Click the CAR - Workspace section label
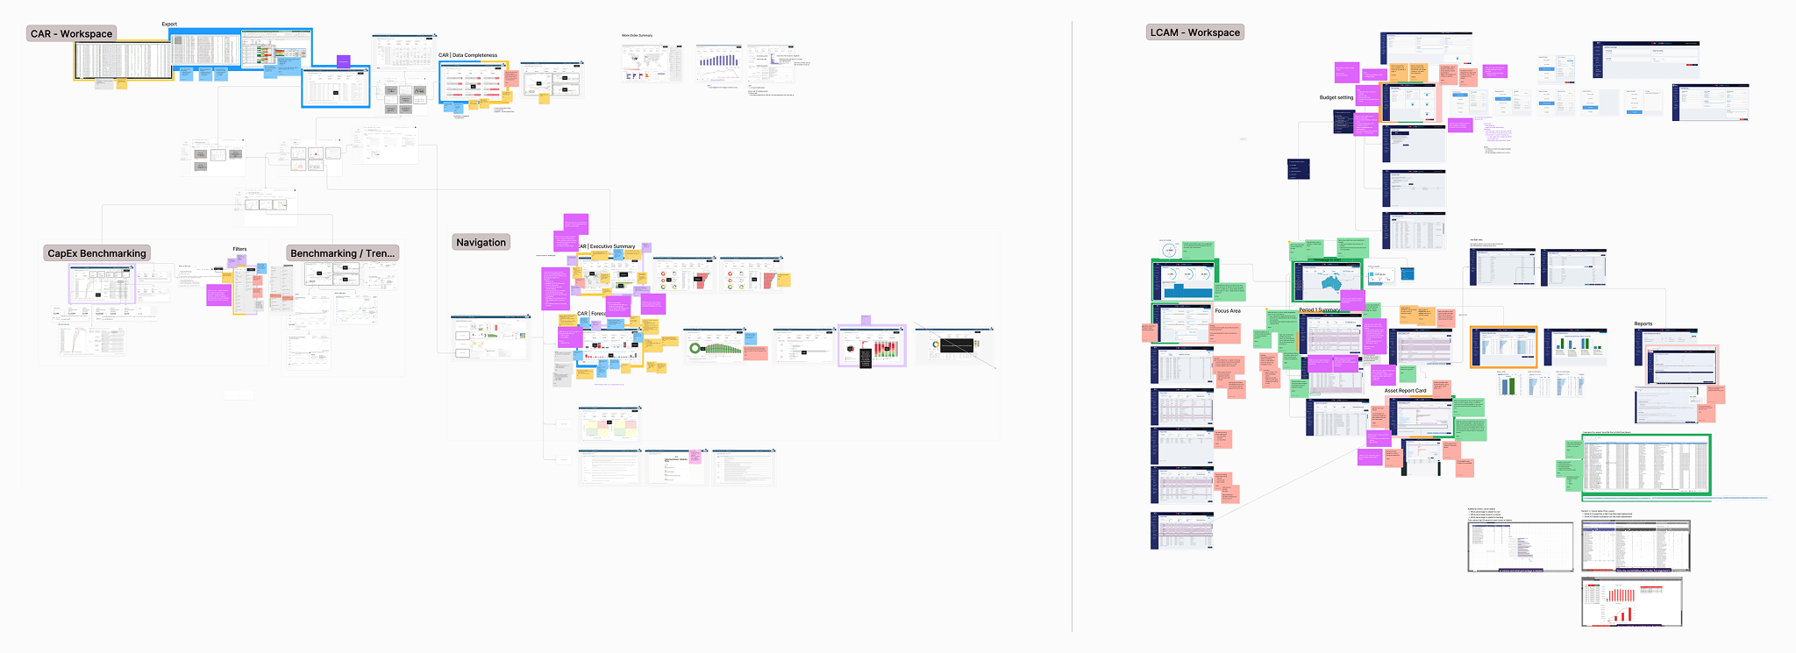(72, 34)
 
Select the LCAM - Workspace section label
(1195, 32)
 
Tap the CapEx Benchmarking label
(96, 253)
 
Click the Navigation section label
(481, 243)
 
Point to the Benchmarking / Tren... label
(343, 253)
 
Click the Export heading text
(169, 25)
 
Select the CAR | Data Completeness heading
(467, 55)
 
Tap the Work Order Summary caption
(637, 36)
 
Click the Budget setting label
(1336, 97)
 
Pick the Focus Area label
(1227, 311)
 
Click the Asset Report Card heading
(1405, 391)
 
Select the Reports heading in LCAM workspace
(1643, 324)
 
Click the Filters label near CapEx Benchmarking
(239, 249)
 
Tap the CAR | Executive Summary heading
(606, 246)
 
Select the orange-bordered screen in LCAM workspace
(1503, 347)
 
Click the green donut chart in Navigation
(697, 349)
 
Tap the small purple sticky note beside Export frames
(344, 61)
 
